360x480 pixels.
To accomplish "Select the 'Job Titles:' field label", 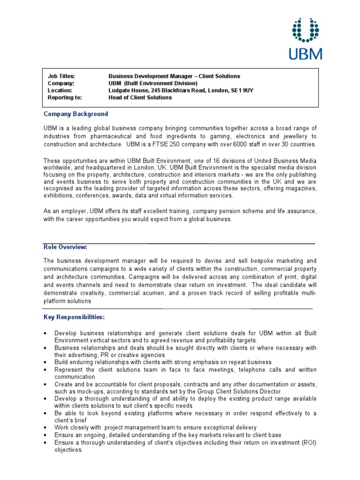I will [x=61, y=76].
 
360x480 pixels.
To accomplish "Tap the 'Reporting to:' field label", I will [x=65, y=97].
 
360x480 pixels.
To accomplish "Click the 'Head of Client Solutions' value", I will [x=140, y=97].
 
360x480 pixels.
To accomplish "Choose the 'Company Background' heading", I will [x=76, y=114].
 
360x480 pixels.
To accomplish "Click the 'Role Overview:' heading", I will [x=66, y=247].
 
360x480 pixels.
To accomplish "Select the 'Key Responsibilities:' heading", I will [x=74, y=317].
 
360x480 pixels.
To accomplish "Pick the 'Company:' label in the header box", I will [x=61, y=83].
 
